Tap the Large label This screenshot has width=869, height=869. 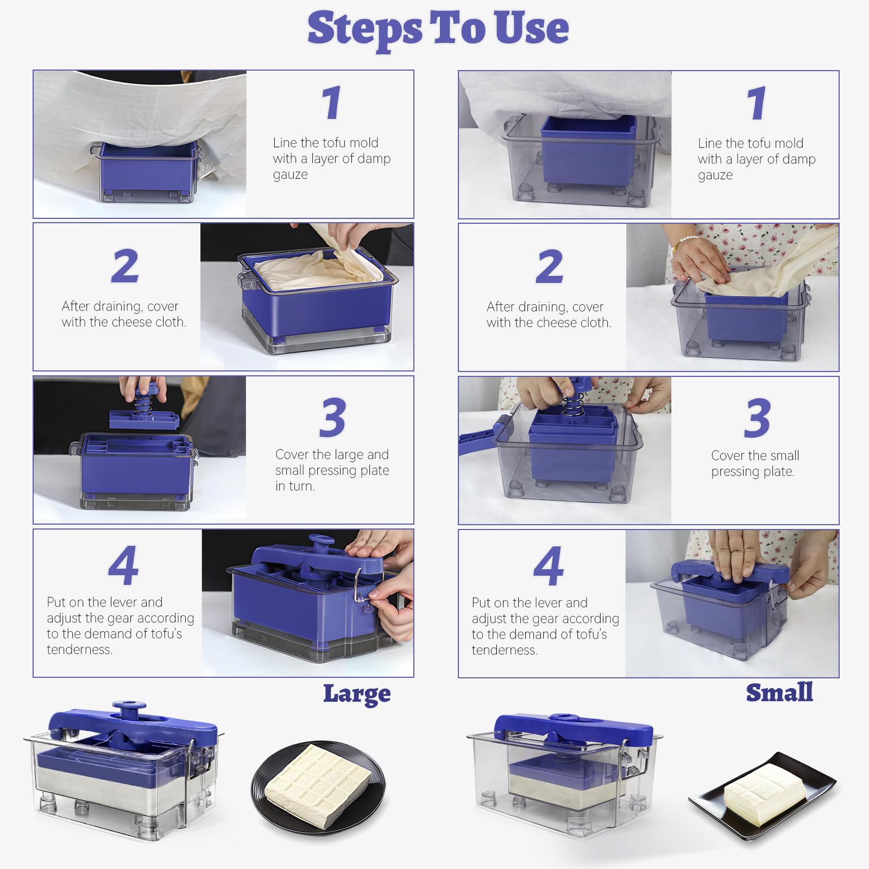357,694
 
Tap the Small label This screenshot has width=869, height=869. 779,692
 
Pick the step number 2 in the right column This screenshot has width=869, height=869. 550,266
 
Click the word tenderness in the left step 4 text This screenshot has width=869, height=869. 79,650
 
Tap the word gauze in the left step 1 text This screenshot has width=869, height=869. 290,175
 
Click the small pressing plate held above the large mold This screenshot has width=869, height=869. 144,419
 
